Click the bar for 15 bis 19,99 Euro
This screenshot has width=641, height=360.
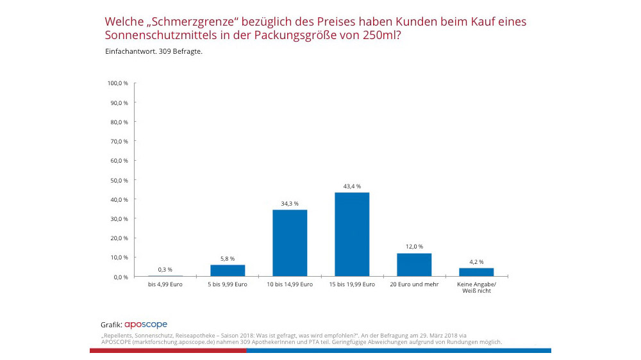pos(352,234)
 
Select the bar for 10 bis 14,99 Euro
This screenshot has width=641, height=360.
pos(290,243)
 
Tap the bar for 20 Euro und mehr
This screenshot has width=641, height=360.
pos(414,265)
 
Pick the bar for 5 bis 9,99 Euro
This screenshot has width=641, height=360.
pos(228,270)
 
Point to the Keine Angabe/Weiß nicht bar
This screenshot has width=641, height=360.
pos(476,272)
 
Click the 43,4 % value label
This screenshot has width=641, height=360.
pos(352,186)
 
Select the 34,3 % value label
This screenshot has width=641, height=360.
pos(290,204)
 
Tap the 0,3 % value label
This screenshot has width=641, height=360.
pos(165,270)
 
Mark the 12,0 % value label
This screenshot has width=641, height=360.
pos(414,247)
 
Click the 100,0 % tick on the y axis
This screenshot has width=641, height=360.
pos(118,83)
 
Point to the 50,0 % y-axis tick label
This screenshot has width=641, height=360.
pos(119,180)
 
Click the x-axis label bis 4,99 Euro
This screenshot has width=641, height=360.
pos(165,284)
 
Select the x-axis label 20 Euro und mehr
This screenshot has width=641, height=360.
pos(414,284)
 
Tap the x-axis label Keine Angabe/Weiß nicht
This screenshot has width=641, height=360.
pos(476,288)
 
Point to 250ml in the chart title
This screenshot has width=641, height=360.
pos(379,36)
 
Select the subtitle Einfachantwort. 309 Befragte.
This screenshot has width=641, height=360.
pos(153,52)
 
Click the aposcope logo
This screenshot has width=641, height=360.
pos(146,325)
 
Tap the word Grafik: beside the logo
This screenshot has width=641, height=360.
pos(111,325)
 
